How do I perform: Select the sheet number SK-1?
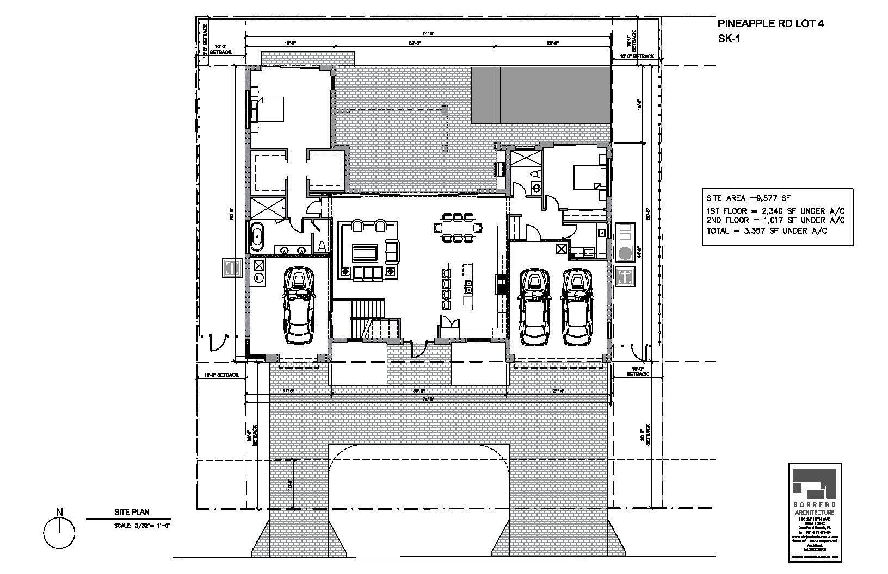[730, 38]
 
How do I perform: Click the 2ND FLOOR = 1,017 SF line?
[775, 220]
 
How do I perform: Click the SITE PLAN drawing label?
[131, 511]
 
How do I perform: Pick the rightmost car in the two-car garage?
[577, 307]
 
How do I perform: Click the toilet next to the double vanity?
[322, 246]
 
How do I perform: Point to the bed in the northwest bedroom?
[269, 109]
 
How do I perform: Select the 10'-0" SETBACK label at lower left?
[221, 375]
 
